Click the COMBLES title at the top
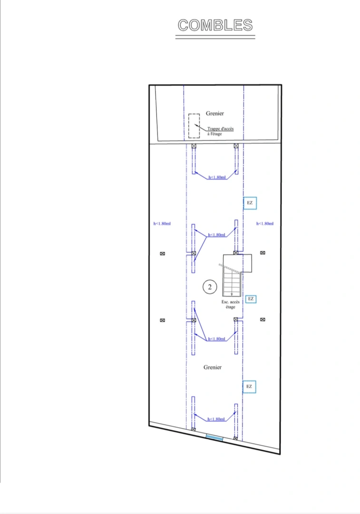pos(215,25)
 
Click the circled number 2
pos(210,287)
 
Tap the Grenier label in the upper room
pos(215,113)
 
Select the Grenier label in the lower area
pos(213,367)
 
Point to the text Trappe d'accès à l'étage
pos(220,131)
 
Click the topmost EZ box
pos(250,203)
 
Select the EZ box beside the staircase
pos(251,299)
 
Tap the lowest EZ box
pos(249,387)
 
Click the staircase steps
pos(232,281)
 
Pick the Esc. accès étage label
pos(230,305)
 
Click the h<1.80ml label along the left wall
pos(162,224)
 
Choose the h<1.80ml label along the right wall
pos(265,224)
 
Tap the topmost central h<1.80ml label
pos(217,178)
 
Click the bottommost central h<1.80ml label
pos(216,419)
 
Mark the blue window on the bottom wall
pos(214,437)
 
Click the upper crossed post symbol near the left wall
pos(163,254)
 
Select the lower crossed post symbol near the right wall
pos(263,320)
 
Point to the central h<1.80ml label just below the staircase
pos(216,339)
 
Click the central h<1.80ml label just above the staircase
pos(216,235)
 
